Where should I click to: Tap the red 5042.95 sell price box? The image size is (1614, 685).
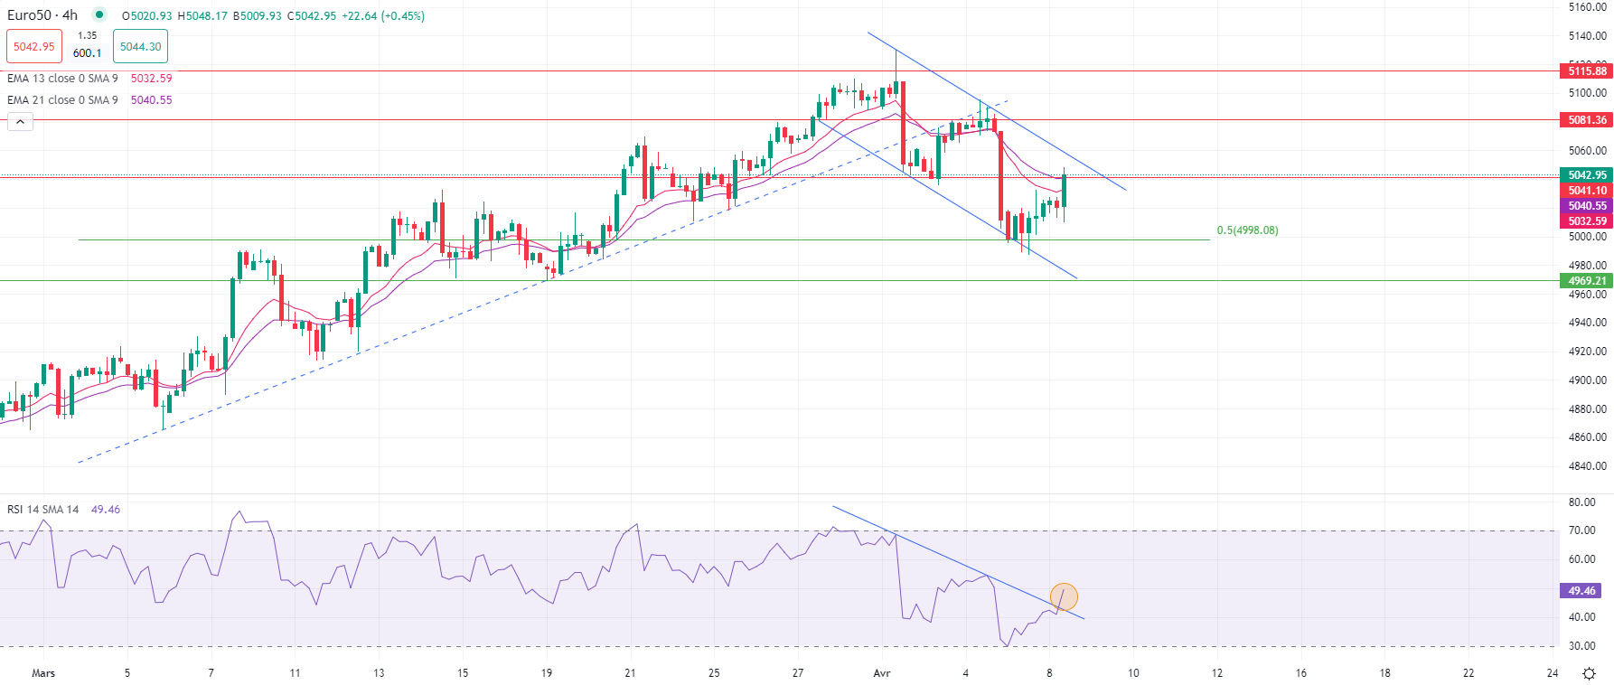click(x=34, y=47)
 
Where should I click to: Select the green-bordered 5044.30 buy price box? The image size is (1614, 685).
click(x=140, y=47)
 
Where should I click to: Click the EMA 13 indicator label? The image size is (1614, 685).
click(x=61, y=79)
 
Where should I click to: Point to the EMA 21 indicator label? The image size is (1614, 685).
click(x=61, y=100)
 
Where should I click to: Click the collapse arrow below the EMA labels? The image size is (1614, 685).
click(x=20, y=122)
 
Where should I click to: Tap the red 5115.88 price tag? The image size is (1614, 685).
click(x=1587, y=71)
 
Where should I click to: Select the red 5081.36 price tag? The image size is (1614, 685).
click(x=1587, y=120)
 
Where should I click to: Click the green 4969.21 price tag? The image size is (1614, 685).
click(x=1587, y=281)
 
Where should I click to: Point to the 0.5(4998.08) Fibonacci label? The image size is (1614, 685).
click(x=1247, y=230)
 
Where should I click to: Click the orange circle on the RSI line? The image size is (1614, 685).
click(x=1064, y=596)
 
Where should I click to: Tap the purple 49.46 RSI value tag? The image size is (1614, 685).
click(x=1581, y=591)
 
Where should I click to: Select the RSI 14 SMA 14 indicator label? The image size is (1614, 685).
click(x=43, y=510)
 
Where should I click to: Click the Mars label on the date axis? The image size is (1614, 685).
click(x=43, y=673)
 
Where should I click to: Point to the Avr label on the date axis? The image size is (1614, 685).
click(x=882, y=673)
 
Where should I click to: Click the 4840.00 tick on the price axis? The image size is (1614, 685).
click(x=1588, y=466)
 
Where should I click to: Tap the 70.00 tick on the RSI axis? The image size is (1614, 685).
click(x=1582, y=530)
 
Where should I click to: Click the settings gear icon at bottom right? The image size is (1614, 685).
click(x=1589, y=673)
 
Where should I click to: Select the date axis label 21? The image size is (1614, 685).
click(x=630, y=673)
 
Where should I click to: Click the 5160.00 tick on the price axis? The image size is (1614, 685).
click(x=1588, y=7)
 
